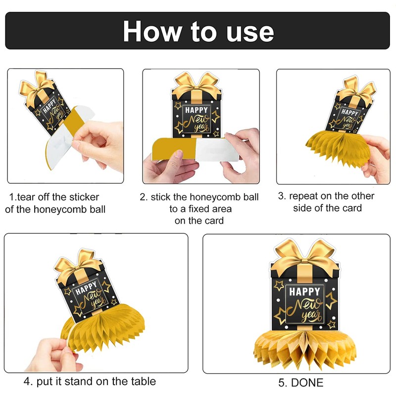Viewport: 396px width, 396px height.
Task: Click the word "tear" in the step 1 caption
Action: point(28,197)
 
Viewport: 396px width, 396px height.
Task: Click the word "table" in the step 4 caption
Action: point(141,381)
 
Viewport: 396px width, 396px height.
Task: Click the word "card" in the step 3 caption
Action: point(351,208)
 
